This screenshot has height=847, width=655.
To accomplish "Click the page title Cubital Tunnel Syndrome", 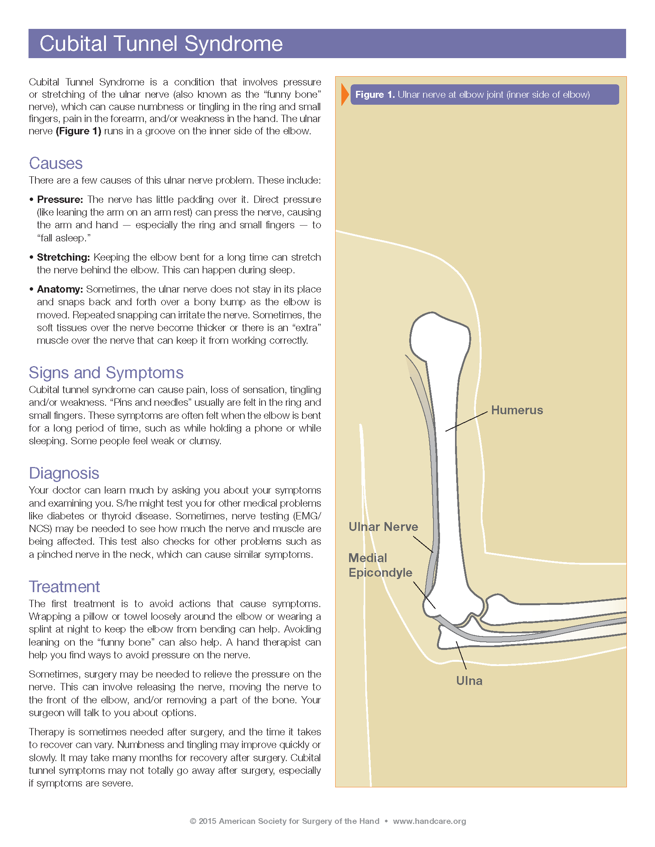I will (x=161, y=44).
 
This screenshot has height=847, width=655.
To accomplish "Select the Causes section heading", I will (x=55, y=163).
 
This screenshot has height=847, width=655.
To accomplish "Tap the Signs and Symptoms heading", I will (x=106, y=373).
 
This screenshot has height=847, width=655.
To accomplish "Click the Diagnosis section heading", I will (x=64, y=473).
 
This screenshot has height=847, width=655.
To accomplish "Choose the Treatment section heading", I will (x=64, y=587).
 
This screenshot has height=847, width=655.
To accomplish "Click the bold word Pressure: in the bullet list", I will (x=60, y=200).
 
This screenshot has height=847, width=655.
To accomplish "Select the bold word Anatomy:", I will (x=60, y=289).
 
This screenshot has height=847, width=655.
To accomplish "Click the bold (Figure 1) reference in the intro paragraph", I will (x=79, y=131).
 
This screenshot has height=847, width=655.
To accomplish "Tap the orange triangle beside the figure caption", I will (x=344, y=95).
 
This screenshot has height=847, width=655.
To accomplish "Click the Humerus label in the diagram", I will (x=517, y=410).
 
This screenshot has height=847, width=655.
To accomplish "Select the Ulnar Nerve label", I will (x=383, y=527).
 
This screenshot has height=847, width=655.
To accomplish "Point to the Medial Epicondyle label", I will (x=380, y=565).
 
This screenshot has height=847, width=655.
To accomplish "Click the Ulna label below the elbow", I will (x=469, y=681).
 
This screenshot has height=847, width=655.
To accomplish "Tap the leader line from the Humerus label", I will (x=467, y=421).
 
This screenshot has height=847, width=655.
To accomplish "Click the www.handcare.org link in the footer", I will (x=429, y=821).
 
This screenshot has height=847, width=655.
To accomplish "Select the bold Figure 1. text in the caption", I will (x=375, y=95).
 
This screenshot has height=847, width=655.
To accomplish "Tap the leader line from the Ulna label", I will (x=461, y=655).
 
